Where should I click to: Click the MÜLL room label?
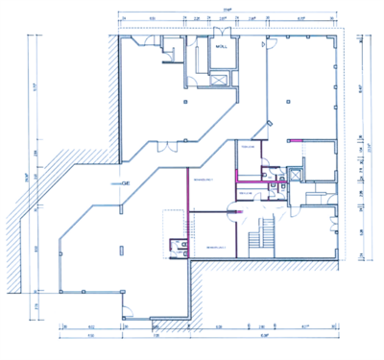(x=221, y=47)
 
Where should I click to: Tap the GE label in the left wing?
(x=125, y=183)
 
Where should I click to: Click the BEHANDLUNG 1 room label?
(x=203, y=180)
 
